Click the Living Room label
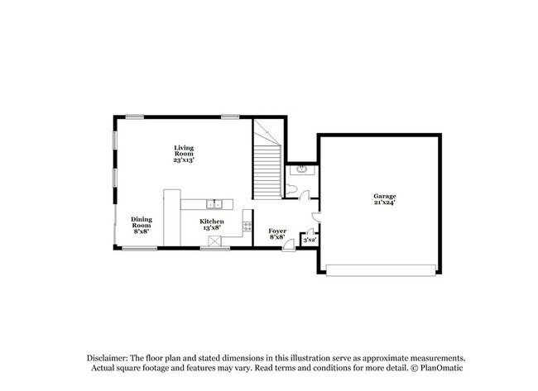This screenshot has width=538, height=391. point(184,150)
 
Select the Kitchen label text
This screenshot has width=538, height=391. point(212,221)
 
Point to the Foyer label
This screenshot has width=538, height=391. point(277,231)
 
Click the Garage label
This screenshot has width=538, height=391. point(384,196)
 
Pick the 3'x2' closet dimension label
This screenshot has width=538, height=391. point(310,240)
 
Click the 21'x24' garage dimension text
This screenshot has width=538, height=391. point(384,203)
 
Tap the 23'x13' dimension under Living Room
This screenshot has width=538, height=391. point(184,160)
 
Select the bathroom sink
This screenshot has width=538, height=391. point(304,169)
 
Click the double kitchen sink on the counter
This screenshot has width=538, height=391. point(214,203)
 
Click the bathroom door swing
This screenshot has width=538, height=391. point(305,196)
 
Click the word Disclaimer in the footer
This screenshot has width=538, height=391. point(105,356)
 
